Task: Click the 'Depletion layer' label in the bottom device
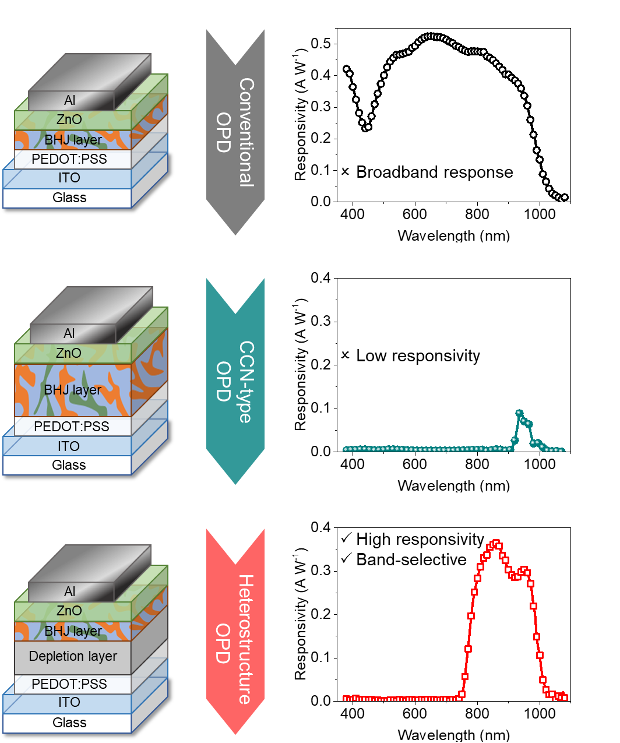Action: coord(73,656)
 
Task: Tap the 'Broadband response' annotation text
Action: coord(435,172)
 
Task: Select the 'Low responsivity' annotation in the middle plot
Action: coord(418,355)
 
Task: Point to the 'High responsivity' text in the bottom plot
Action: coord(420,540)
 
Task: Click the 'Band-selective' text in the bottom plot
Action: coord(411,560)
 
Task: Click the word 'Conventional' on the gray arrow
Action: coord(246,132)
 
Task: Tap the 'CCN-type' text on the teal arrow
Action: coord(246,382)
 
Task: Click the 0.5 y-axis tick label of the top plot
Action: coord(320,44)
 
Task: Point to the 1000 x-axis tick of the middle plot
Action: coord(540,464)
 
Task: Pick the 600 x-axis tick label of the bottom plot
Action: coord(415,714)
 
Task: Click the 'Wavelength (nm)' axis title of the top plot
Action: coord(454,235)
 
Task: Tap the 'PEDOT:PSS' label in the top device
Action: coord(69,159)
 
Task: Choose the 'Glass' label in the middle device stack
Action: coord(69,465)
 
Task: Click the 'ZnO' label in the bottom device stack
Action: coord(69,611)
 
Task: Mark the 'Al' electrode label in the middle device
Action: coord(69,333)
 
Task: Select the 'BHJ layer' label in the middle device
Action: coord(73,390)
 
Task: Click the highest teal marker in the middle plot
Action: coord(519,413)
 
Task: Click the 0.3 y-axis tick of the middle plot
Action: coord(320,321)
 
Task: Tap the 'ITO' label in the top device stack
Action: coord(69,178)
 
